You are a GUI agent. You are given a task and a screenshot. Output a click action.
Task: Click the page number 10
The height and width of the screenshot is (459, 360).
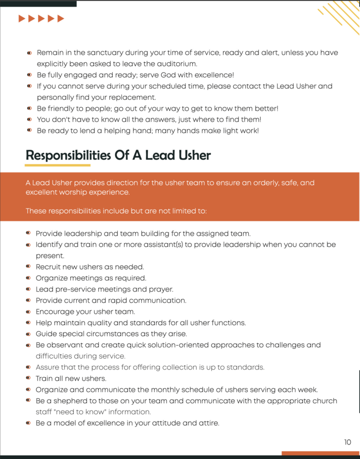tap(348, 442)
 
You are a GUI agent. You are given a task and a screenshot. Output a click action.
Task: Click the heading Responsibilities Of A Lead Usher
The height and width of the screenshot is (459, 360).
tap(118, 156)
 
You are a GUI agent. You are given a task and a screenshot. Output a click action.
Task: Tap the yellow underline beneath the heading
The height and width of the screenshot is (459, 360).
tap(58, 165)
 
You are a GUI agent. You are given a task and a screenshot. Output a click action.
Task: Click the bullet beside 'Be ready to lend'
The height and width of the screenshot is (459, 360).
tap(29, 130)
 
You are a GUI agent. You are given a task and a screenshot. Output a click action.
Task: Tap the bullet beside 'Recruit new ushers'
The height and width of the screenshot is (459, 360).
tap(28, 267)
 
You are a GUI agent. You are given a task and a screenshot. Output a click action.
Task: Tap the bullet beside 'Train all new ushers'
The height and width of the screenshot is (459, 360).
tap(28, 378)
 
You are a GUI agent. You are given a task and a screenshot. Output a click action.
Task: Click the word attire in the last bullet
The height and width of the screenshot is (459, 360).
tap(207, 423)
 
